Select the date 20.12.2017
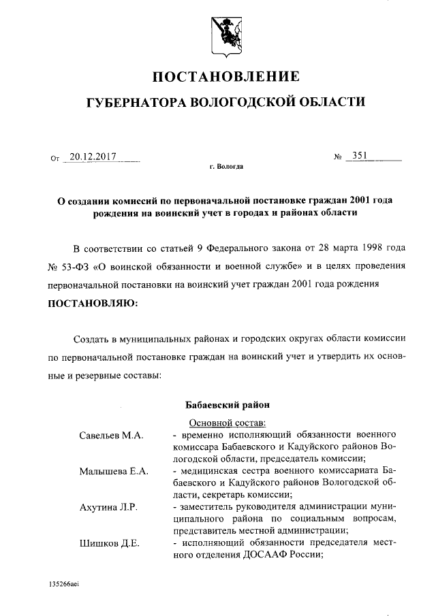[x=94, y=157]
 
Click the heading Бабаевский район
[x=225, y=406]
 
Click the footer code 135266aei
[x=64, y=585]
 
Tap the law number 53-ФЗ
[x=78, y=265]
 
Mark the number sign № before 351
[x=337, y=157]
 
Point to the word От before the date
[x=55, y=158]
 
